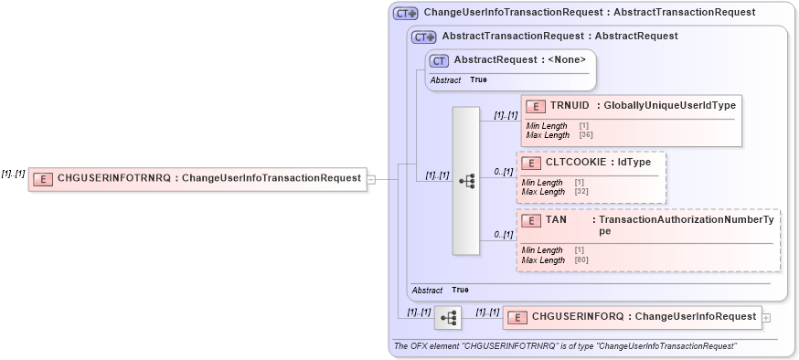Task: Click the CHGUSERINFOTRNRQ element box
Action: pyautogui.click(x=197, y=178)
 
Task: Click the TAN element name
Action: pyautogui.click(x=556, y=220)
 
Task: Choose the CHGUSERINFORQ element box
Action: pyautogui.click(x=630, y=317)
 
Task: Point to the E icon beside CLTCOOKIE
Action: pyautogui.click(x=531, y=163)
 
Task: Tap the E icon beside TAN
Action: pyautogui.click(x=531, y=221)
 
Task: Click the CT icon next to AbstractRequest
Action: pyautogui.click(x=440, y=60)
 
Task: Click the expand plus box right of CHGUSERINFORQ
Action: pyautogui.click(x=765, y=317)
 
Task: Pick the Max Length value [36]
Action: pyautogui.click(x=586, y=135)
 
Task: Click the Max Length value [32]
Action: pyautogui.click(x=581, y=192)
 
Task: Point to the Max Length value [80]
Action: pyautogui.click(x=581, y=260)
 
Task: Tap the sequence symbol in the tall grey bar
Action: pyautogui.click(x=466, y=181)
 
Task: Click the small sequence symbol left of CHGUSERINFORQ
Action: pyautogui.click(x=448, y=318)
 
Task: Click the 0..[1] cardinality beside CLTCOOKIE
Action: pyautogui.click(x=503, y=172)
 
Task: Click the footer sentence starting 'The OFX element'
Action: pyautogui.click(x=564, y=346)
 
